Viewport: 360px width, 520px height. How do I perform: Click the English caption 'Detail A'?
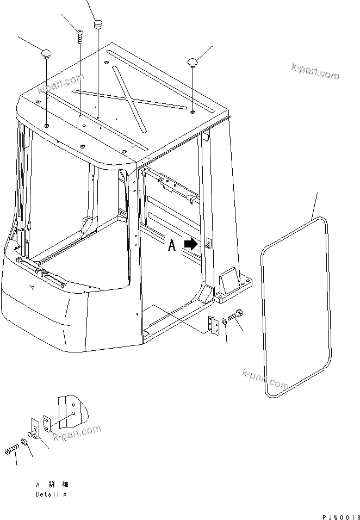pyautogui.click(x=51, y=494)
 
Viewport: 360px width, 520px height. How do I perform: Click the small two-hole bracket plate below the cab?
pyautogui.click(x=213, y=326)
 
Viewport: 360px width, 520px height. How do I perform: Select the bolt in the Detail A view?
pyautogui.click(x=12, y=450)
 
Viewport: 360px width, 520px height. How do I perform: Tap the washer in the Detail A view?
pyautogui.click(x=24, y=443)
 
